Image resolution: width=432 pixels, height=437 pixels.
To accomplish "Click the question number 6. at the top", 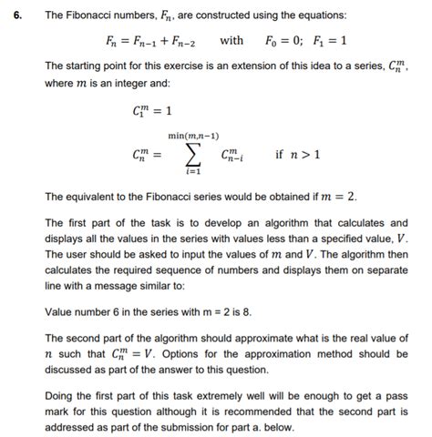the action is click(12, 15).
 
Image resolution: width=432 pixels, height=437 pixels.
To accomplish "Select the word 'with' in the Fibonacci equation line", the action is click(231, 40).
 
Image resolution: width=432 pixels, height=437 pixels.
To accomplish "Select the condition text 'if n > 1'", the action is click(297, 154).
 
